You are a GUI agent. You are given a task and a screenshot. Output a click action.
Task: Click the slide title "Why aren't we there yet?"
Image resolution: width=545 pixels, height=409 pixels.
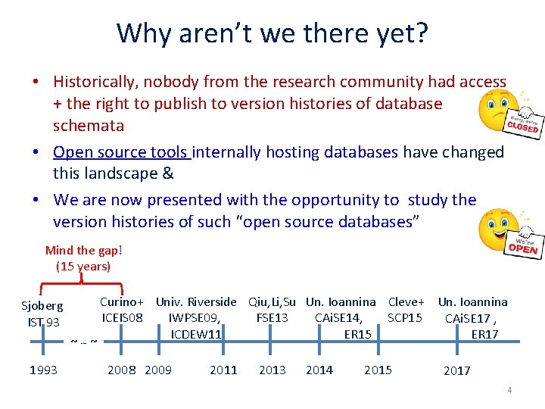pos(272,33)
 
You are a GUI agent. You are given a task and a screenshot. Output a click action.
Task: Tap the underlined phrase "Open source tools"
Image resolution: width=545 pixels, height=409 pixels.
pos(121,152)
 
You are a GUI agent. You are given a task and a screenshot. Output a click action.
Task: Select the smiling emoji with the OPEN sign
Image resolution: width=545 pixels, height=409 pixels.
pos(508,234)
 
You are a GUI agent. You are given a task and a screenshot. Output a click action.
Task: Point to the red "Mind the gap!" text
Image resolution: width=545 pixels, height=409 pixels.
pos(83,251)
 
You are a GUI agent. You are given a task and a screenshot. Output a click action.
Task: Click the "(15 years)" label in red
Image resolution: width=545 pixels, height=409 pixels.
pos(83,266)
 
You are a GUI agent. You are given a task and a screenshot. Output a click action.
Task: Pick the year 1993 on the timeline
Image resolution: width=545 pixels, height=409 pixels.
pos(44,370)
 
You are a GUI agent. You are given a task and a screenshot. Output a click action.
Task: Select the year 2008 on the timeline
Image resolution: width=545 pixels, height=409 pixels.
pos(122,370)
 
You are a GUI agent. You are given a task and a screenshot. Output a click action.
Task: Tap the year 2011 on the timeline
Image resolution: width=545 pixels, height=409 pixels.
pos(223,370)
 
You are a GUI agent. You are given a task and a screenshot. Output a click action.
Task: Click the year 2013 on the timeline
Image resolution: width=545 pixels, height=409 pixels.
pos(272,370)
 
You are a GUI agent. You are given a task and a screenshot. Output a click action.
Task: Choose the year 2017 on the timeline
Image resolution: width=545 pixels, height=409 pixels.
pos(456,370)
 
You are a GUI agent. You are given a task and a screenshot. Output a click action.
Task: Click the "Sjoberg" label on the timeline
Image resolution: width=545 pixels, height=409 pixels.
pos(42,307)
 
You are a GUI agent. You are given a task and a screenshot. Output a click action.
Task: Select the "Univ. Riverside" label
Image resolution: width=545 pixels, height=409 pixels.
pos(196,302)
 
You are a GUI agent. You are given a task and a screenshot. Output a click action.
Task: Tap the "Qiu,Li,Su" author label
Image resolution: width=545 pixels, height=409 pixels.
pos(272,302)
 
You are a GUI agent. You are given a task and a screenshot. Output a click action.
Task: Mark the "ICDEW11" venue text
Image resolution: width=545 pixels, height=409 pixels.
pos(196,334)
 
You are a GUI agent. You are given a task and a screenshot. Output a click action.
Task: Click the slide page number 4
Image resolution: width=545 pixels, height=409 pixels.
pos(509,391)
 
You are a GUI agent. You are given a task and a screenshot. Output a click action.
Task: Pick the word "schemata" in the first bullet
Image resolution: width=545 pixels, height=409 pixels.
pos(89,126)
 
